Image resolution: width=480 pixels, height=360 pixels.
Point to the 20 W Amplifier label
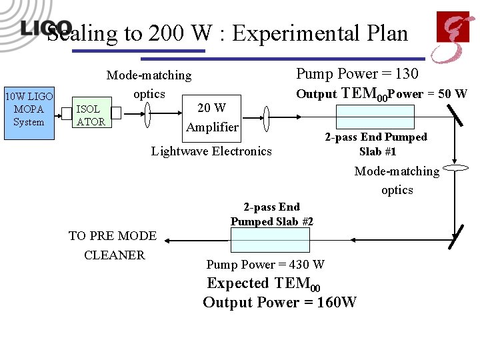click(x=212, y=117)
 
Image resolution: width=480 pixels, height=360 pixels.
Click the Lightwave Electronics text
click(x=211, y=151)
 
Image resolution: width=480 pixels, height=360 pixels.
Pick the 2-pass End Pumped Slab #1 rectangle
click(x=366, y=117)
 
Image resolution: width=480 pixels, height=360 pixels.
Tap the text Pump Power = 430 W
click(x=265, y=265)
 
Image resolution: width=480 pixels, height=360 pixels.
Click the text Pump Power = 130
click(x=357, y=73)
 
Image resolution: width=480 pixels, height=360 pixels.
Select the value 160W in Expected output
click(x=337, y=303)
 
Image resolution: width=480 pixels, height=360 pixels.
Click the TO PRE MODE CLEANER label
click(x=113, y=245)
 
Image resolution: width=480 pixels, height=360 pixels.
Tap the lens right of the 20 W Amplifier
click(x=266, y=121)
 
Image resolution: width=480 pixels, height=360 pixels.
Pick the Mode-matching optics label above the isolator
click(x=149, y=85)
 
